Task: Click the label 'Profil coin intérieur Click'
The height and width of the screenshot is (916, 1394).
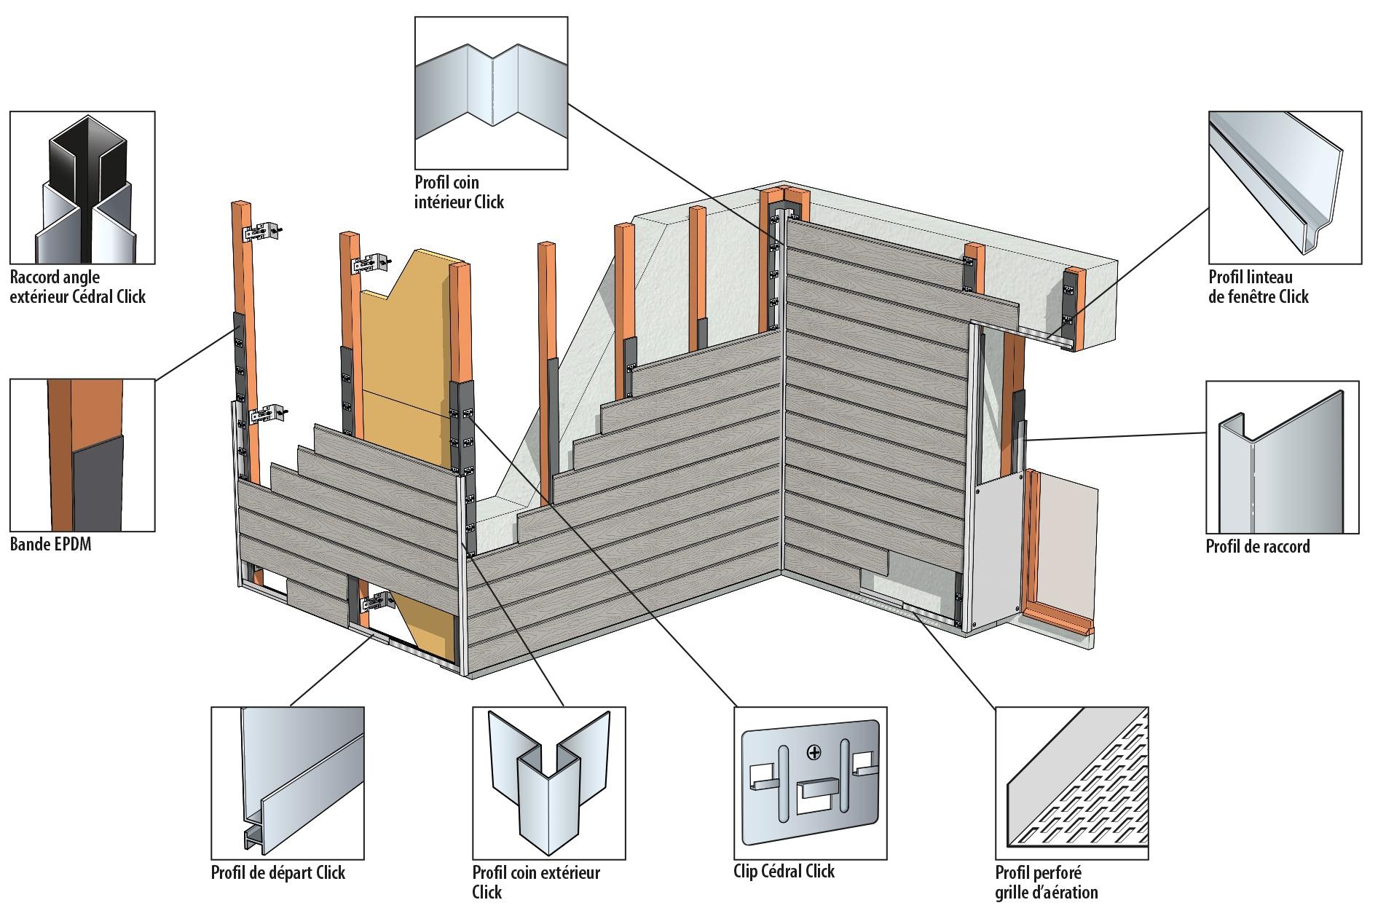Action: [459, 192]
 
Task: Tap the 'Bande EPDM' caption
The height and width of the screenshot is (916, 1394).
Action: [50, 544]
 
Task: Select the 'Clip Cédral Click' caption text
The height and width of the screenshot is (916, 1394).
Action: [784, 872]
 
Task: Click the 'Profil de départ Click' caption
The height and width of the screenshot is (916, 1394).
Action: [277, 872]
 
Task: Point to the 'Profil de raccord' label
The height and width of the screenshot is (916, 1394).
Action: [1257, 546]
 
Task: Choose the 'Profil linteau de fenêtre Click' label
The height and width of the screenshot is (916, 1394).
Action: [1258, 286]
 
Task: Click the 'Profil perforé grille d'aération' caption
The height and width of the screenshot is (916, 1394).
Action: [1046, 882]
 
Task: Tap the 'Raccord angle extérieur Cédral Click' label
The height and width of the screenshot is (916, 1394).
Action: [78, 286]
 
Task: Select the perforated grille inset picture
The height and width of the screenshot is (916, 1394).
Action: [1071, 783]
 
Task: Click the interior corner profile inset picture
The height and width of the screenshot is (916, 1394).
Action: [491, 93]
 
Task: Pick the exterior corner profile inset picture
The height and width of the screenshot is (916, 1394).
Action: [548, 783]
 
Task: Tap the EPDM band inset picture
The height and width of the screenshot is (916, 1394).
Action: [82, 455]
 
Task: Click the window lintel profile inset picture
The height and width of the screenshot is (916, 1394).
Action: [1284, 187]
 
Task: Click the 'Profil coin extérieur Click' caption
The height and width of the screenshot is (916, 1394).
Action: [536, 882]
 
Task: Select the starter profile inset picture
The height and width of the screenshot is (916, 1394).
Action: [287, 783]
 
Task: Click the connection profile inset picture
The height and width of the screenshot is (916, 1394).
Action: [1282, 457]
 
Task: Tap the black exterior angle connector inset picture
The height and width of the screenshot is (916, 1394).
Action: [82, 187]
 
